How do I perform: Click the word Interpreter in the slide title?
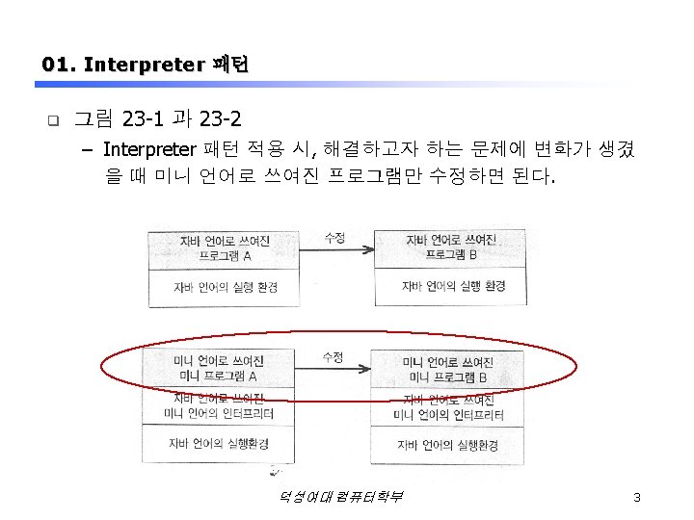coord(143,65)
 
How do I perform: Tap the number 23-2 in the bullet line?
coord(218,119)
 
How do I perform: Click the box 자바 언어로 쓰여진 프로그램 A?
coord(225,248)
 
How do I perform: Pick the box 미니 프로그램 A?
coord(219,369)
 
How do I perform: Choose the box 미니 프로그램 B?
coord(448,369)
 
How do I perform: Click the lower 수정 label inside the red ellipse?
coord(333,356)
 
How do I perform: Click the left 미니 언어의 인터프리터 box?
coord(219,406)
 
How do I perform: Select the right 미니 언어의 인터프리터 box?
coord(448,408)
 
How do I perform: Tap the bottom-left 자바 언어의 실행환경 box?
coord(219,443)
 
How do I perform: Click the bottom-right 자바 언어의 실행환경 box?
coord(448,445)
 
